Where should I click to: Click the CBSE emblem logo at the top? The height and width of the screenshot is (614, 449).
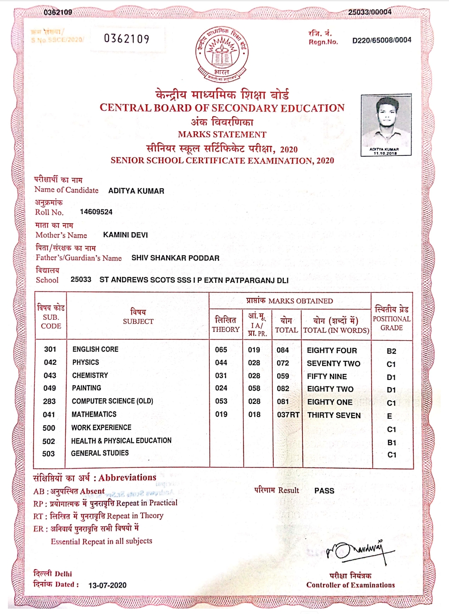tap(222, 54)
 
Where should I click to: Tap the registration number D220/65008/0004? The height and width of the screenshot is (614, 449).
tap(382, 40)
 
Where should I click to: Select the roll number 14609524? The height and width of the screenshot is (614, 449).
tap(96, 212)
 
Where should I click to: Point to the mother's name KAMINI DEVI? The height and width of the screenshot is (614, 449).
tap(125, 235)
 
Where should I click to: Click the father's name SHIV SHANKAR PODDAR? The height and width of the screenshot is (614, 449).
tap(175, 258)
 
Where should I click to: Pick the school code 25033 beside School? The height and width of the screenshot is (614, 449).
tap(81, 280)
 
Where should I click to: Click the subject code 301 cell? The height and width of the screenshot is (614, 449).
tap(50, 349)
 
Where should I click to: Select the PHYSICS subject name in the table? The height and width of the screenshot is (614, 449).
tap(86, 362)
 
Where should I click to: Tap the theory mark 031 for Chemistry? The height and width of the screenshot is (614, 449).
tap(221, 376)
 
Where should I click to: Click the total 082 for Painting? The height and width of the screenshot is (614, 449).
tap(283, 388)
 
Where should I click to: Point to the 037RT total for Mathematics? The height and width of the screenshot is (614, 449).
tap(288, 415)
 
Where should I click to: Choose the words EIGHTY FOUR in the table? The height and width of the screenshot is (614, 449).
tap(332, 351)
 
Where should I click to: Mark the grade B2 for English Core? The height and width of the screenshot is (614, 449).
tap(391, 351)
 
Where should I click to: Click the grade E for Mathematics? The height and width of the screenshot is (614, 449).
tap(389, 416)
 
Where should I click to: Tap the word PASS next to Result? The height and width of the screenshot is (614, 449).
tap(324, 491)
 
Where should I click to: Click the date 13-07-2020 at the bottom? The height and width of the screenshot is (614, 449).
tap(107, 585)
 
